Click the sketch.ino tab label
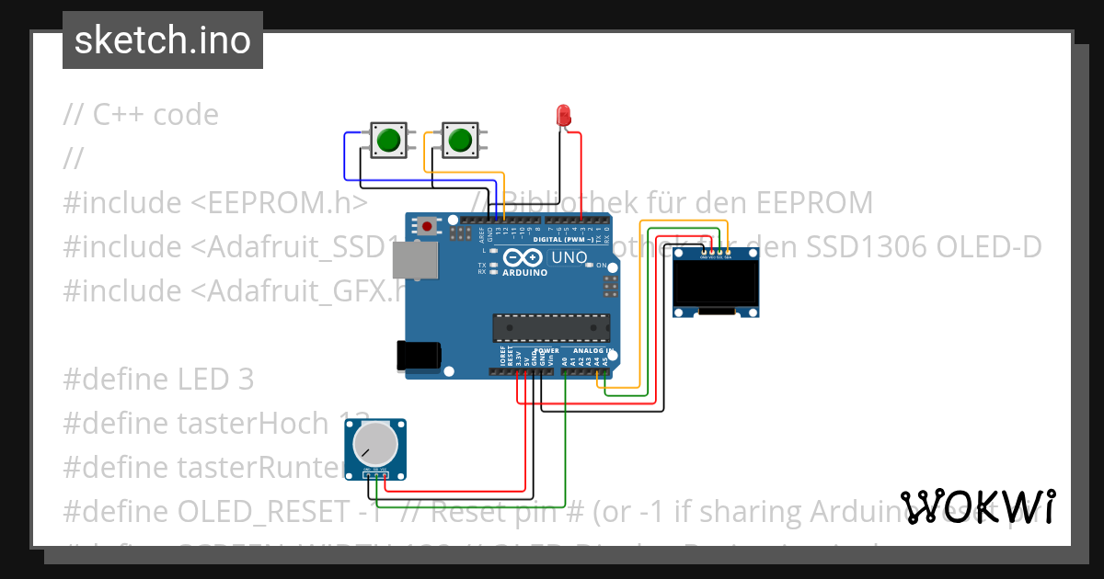click(x=162, y=40)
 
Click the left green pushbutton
click(x=387, y=141)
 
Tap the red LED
click(x=564, y=116)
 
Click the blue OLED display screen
click(x=717, y=283)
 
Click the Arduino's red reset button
click(x=427, y=224)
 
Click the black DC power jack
click(x=417, y=357)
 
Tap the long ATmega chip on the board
click(x=550, y=328)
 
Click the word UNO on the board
click(x=569, y=257)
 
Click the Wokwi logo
click(x=978, y=506)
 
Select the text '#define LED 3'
click(x=158, y=379)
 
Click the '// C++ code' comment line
click(x=141, y=114)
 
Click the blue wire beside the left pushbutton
click(x=346, y=156)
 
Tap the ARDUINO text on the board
click(x=524, y=272)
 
